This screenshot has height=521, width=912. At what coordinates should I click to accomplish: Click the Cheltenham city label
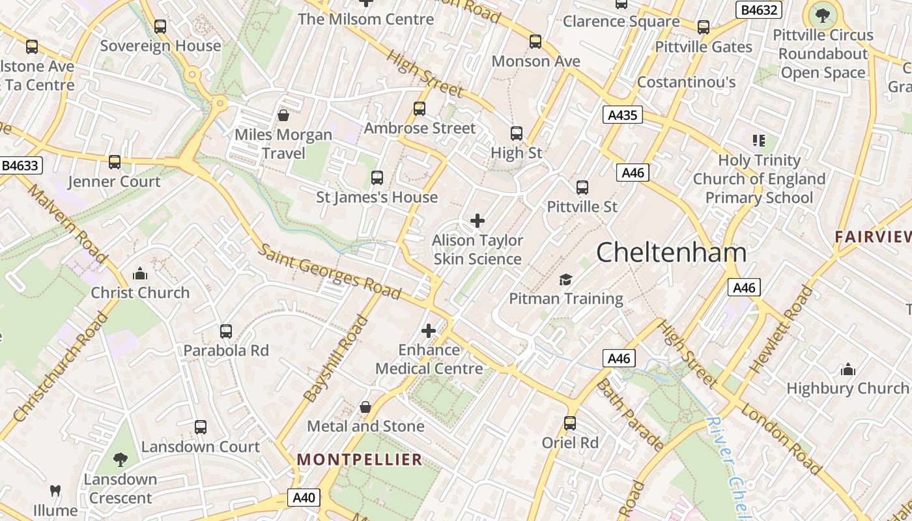coord(671,252)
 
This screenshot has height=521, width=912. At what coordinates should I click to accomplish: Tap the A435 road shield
coord(622,115)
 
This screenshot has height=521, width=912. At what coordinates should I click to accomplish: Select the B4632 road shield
coord(759,10)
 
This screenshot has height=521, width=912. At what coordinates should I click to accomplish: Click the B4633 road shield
coord(20,165)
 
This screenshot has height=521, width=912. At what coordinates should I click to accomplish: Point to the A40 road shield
coord(304,498)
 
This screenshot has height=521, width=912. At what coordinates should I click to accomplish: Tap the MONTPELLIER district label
coord(360,460)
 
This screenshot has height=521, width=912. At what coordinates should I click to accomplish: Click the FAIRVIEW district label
coord(873,237)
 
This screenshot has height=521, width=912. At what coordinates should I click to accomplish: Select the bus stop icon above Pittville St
coord(582,188)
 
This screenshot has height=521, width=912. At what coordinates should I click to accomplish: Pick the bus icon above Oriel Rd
coord(570,423)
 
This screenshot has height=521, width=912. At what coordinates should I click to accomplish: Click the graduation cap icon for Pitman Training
coord(565,279)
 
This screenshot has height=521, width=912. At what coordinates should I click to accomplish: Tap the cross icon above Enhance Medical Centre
coord(429,331)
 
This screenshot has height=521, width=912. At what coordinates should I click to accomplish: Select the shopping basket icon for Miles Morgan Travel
coord(283,115)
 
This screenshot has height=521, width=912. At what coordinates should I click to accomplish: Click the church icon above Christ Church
coord(140,274)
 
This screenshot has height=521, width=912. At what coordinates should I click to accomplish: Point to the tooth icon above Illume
coord(56,490)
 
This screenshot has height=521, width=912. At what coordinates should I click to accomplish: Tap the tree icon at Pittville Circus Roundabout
coord(822,14)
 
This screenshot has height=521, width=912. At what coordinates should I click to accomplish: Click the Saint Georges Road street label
coord(330,271)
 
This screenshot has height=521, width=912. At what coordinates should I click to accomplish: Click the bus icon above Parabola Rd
coord(226,331)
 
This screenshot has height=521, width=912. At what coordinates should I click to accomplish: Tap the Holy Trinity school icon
coord(758,140)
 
